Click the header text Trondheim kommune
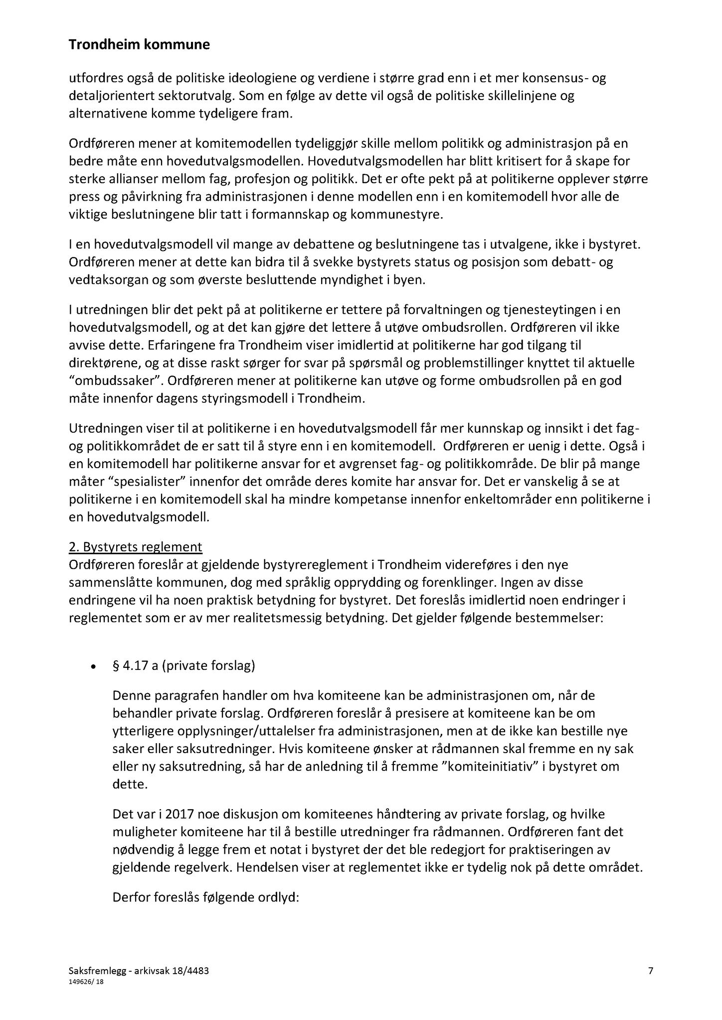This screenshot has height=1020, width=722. click(x=139, y=45)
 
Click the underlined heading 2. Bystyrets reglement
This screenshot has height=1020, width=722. click(x=136, y=547)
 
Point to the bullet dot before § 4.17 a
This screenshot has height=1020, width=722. click(x=92, y=667)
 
